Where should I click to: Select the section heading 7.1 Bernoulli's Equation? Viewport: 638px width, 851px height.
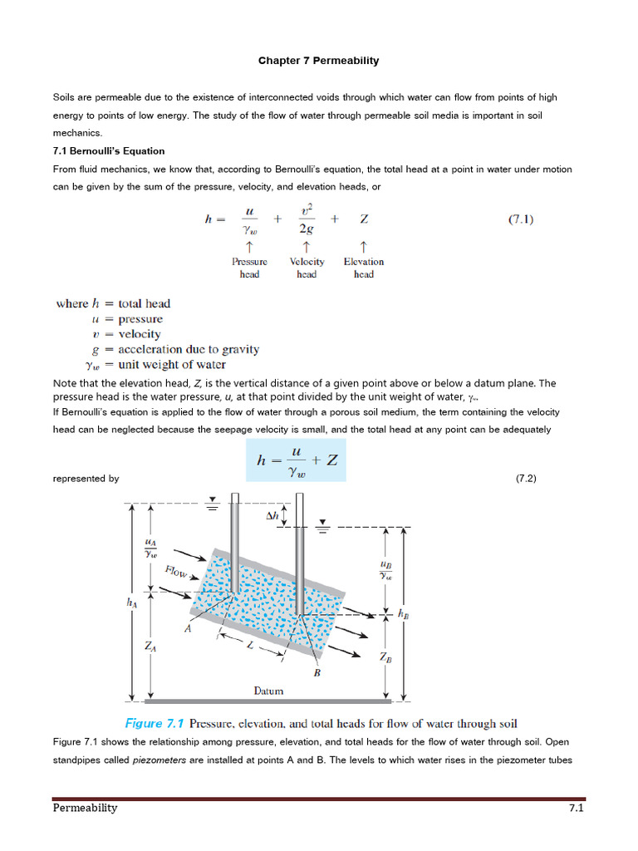pyautogui.click(x=109, y=150)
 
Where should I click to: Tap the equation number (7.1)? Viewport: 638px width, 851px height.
pyautogui.click(x=520, y=219)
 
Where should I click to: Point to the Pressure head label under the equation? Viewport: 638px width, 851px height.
pyautogui.click(x=249, y=268)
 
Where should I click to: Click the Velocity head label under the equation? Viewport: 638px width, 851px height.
pyautogui.click(x=307, y=268)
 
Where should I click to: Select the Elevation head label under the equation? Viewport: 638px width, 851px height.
pyautogui.click(x=363, y=268)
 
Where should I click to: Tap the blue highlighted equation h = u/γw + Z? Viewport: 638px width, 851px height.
pyautogui.click(x=296, y=460)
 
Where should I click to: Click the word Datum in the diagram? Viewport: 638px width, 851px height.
pyautogui.click(x=268, y=691)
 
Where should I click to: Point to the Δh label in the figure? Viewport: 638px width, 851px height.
pyautogui.click(x=272, y=515)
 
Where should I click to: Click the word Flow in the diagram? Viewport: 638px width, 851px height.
pyautogui.click(x=176, y=573)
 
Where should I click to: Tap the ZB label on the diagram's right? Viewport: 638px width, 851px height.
pyautogui.click(x=385, y=657)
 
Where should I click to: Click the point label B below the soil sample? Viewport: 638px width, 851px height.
pyautogui.click(x=317, y=673)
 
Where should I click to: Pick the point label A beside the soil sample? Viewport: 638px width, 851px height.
pyautogui.click(x=188, y=629)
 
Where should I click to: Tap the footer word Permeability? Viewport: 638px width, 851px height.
pyautogui.click(x=85, y=808)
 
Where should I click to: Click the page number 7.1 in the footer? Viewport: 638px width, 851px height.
pyautogui.click(x=577, y=808)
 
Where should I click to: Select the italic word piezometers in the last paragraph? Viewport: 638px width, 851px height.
pyautogui.click(x=158, y=760)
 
